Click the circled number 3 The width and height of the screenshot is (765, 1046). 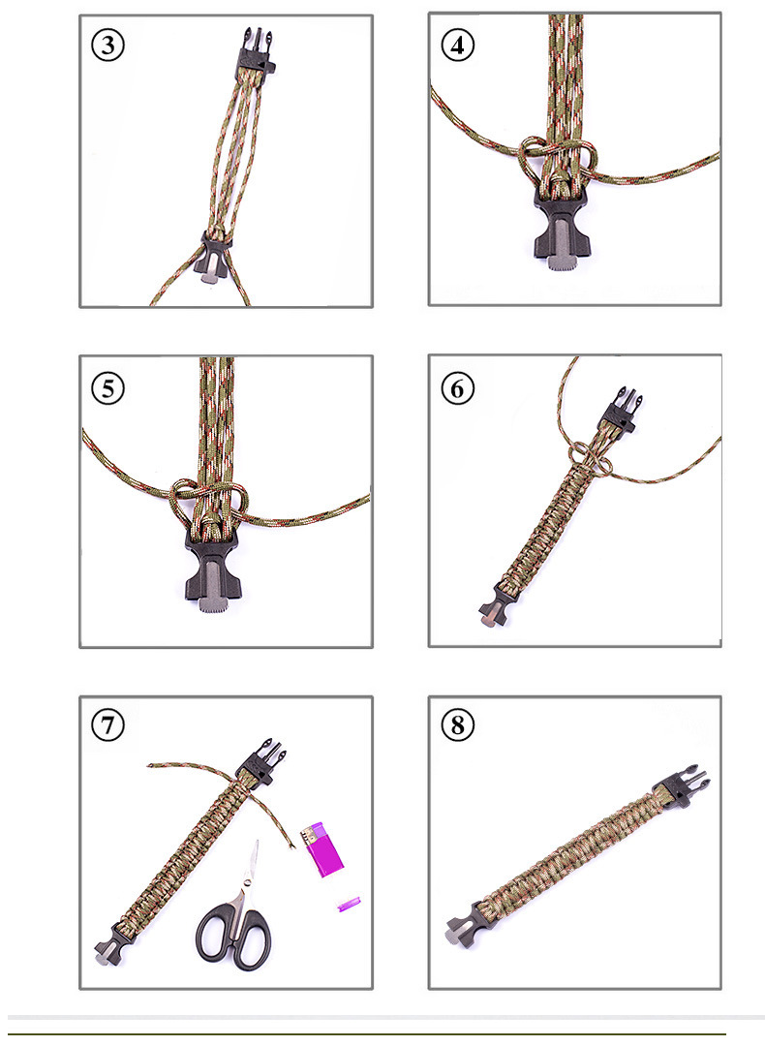pos(108,46)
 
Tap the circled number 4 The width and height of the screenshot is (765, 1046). pos(458,46)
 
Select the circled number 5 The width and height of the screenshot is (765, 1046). pos(108,387)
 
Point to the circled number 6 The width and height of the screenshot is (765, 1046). pos(458,387)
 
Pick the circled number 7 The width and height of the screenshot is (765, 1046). pos(108,726)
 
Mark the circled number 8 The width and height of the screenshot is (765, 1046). pos(458,726)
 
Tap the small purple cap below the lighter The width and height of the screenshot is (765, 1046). pos(348,904)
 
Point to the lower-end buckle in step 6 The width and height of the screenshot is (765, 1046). pos(493,611)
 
